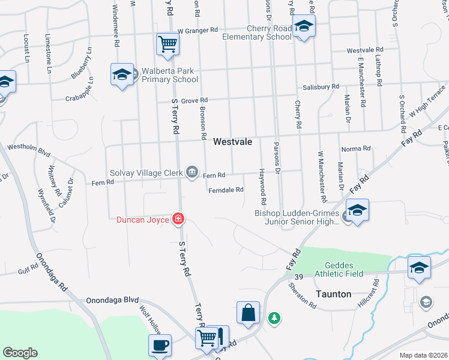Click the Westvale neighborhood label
click(x=232, y=142)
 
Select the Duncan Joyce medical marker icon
click(x=178, y=220)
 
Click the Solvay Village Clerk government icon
click(x=192, y=173)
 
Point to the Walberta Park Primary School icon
click(x=122, y=75)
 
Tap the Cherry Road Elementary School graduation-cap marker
click(x=304, y=27)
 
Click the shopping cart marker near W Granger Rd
click(x=167, y=43)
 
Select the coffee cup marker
click(x=160, y=346)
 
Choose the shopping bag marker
click(x=248, y=313)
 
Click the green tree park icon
click(x=274, y=317)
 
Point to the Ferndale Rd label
click(x=226, y=190)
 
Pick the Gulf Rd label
click(x=28, y=272)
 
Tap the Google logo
click(x=20, y=353)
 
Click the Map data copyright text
click(x=423, y=355)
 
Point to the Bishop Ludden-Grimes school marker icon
click(x=357, y=211)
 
